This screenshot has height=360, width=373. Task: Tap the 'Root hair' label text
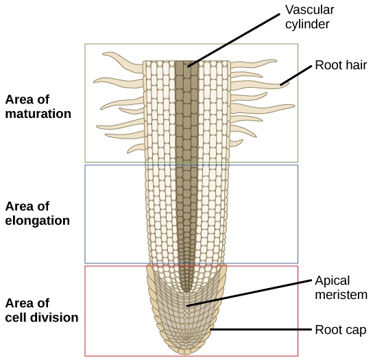click(341, 66)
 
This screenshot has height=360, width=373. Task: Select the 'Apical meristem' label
click(340, 287)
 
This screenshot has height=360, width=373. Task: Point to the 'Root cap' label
click(340, 329)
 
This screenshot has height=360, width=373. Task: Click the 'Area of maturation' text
click(38, 106)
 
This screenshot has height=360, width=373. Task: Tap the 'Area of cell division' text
click(41, 310)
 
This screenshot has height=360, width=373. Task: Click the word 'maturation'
click(38, 114)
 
